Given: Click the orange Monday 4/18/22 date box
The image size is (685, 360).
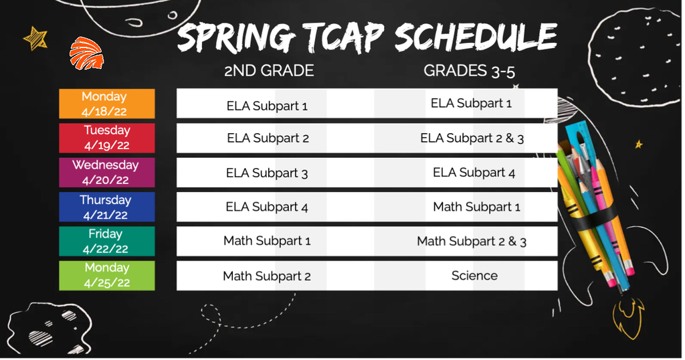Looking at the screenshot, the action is [x=107, y=104].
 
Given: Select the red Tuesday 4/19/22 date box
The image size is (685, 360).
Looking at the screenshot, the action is [x=107, y=138].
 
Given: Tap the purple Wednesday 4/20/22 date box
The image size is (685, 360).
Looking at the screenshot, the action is [x=107, y=173].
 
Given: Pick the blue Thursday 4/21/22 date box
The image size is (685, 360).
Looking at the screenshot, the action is [x=107, y=207].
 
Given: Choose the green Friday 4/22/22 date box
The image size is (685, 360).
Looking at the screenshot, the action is [x=107, y=241].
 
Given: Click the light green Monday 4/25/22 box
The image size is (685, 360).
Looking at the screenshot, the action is [x=107, y=276].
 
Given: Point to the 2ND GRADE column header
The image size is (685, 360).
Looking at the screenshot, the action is [x=269, y=71].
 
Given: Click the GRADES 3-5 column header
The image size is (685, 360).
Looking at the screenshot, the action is [x=469, y=71].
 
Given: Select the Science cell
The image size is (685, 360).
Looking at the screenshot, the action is [x=474, y=276].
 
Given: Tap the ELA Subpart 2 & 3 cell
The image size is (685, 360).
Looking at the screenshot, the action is [x=472, y=138].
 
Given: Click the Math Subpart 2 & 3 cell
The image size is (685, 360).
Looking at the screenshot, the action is [x=472, y=241].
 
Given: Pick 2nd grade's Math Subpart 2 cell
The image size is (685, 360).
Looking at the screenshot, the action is [x=267, y=276].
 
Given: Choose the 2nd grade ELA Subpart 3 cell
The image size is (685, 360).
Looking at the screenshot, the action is [x=267, y=173].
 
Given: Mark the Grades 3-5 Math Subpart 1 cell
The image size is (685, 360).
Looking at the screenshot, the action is [x=476, y=207].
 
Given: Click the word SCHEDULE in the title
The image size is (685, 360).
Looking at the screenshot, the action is [x=476, y=36].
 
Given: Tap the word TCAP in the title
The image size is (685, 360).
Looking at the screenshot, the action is [x=343, y=37].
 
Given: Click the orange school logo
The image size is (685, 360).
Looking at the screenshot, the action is [x=86, y=54].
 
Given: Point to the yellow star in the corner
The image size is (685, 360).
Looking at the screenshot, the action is [x=35, y=38].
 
